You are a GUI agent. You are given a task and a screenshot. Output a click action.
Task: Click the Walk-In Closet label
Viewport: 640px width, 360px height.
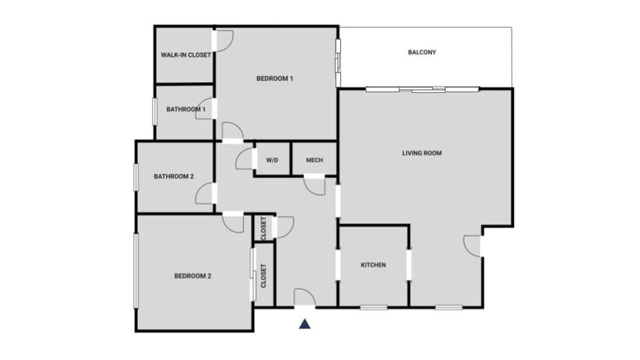(x=186, y=55)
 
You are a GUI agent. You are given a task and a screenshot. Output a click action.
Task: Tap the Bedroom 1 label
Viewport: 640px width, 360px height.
(x=275, y=79)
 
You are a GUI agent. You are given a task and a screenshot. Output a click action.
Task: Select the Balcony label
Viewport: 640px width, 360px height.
(x=422, y=52)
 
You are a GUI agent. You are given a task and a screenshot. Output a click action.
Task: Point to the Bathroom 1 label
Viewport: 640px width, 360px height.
(x=186, y=109)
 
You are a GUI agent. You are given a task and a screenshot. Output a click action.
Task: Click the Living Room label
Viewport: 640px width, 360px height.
(x=422, y=153)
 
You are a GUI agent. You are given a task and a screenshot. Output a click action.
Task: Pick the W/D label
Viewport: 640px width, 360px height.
(x=272, y=161)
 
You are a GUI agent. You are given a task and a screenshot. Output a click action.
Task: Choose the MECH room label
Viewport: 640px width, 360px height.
(x=314, y=161)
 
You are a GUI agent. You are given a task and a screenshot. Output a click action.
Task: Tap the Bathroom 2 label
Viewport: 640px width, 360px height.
(x=174, y=177)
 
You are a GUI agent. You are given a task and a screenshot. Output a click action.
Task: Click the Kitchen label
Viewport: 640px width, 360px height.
(x=373, y=265)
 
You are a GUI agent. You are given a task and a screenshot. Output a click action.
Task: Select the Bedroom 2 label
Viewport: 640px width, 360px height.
(x=193, y=276)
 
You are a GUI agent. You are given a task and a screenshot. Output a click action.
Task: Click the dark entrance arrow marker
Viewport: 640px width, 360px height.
(x=305, y=324)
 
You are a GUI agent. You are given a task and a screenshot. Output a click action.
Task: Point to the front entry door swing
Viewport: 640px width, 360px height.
(x=305, y=297)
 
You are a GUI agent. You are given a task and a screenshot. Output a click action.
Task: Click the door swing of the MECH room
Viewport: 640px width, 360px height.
(x=314, y=185)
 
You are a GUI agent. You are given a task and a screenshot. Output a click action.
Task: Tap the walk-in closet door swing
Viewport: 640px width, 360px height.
(x=223, y=41)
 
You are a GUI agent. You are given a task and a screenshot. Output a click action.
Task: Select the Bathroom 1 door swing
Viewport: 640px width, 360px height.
(x=205, y=111)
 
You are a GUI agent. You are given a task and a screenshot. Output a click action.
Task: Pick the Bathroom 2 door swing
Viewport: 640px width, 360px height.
(x=205, y=194)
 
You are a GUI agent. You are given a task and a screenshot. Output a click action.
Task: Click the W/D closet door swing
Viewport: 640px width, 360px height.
(x=245, y=159)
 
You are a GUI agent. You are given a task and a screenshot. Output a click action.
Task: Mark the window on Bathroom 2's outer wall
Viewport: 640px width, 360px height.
(x=135, y=177)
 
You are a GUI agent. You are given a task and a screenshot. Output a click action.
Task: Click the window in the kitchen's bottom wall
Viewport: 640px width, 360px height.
(x=373, y=307)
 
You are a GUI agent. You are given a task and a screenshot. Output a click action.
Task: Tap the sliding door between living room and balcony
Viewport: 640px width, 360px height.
(x=422, y=89)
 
